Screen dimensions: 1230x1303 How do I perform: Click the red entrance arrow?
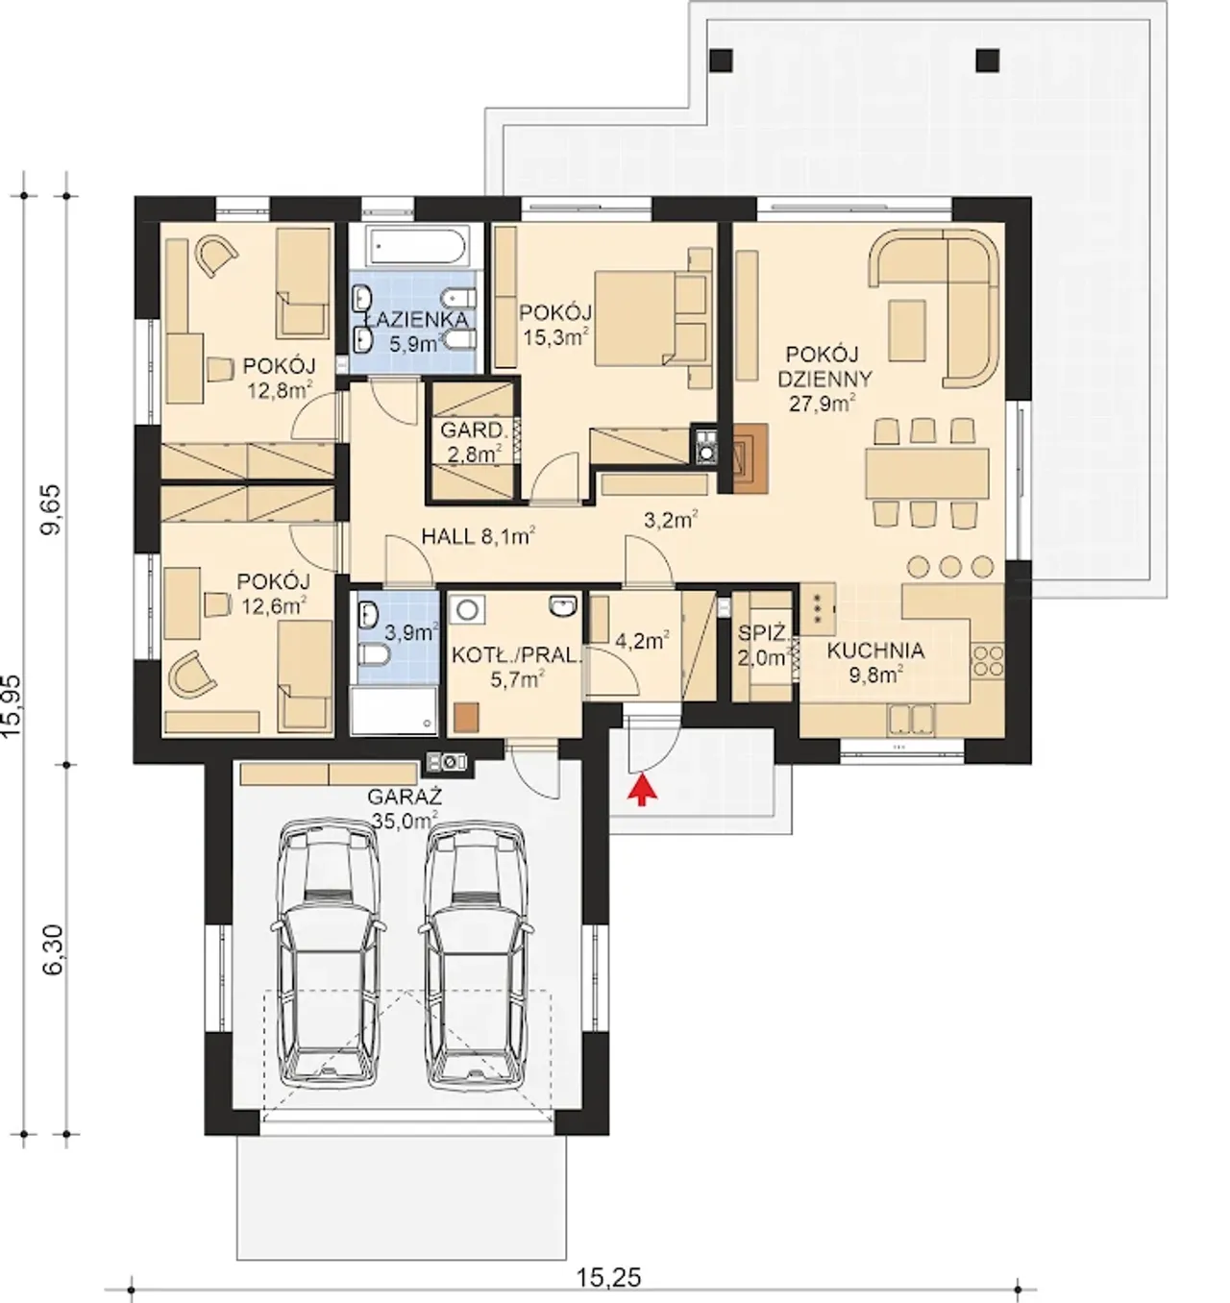[644, 789]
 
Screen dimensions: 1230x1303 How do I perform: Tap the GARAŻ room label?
[405, 798]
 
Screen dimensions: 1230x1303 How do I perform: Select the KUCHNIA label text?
[875, 651]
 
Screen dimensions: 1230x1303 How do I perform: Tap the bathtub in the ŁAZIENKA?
[417, 247]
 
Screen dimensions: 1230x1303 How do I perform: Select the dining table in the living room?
[926, 473]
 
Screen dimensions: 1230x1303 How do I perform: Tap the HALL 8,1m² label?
[478, 537]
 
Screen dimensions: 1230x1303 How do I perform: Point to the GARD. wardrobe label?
[474, 431]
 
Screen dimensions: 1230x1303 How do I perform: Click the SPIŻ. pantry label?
[762, 634]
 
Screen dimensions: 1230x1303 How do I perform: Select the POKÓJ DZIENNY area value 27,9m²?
[824, 403]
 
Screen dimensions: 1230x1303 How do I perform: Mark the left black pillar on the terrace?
[722, 61]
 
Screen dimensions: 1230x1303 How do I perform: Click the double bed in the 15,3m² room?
[652, 320]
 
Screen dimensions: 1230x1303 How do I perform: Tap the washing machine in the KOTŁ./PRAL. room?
[467, 610]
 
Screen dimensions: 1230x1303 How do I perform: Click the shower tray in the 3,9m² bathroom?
[394, 710]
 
